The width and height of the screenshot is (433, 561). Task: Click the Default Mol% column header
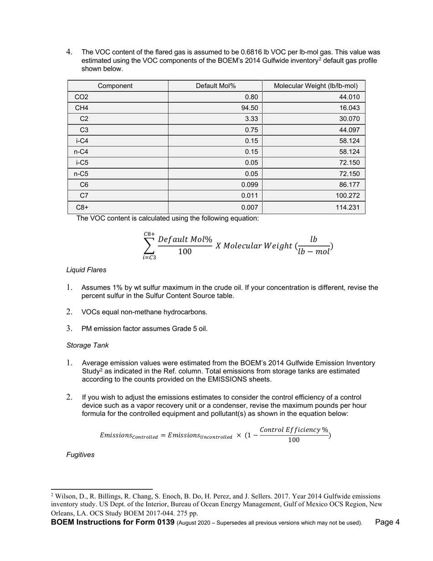(216, 86)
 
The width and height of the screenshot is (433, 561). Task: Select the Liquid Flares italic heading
(86, 270)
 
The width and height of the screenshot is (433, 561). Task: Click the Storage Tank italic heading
(87, 345)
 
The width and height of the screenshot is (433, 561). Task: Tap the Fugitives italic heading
(80, 455)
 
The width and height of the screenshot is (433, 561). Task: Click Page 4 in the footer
(387, 522)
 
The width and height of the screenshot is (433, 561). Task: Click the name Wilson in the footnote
(65, 496)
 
